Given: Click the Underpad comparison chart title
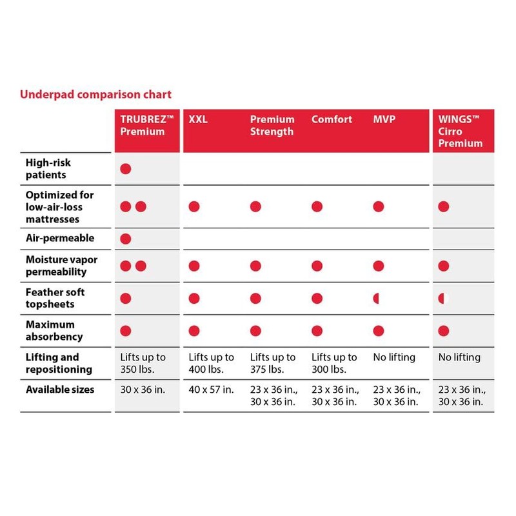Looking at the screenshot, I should [x=96, y=94].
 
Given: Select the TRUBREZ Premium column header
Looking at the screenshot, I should [x=143, y=125].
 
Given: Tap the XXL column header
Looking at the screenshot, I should [x=198, y=119].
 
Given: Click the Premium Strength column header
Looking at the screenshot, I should [x=272, y=125].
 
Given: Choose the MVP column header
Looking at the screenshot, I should [x=384, y=119].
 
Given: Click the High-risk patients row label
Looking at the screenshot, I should [x=48, y=169].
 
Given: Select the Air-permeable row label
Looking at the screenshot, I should [x=60, y=238].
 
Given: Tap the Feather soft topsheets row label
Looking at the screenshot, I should [x=55, y=298].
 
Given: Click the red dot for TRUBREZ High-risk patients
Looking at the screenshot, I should [x=126, y=169].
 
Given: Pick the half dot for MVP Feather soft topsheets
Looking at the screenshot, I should [x=376, y=298].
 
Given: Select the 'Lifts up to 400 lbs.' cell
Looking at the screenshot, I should [x=211, y=363].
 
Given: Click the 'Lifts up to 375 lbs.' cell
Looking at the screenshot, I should [x=272, y=363].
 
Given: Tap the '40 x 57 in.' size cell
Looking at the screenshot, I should [x=211, y=390].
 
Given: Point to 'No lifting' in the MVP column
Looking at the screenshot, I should [x=394, y=357].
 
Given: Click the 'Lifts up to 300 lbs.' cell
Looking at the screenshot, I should [x=333, y=363].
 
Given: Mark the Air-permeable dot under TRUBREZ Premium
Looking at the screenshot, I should [x=126, y=239].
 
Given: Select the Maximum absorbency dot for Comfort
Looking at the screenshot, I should [x=317, y=331].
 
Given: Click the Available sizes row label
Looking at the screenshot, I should [x=60, y=390].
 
